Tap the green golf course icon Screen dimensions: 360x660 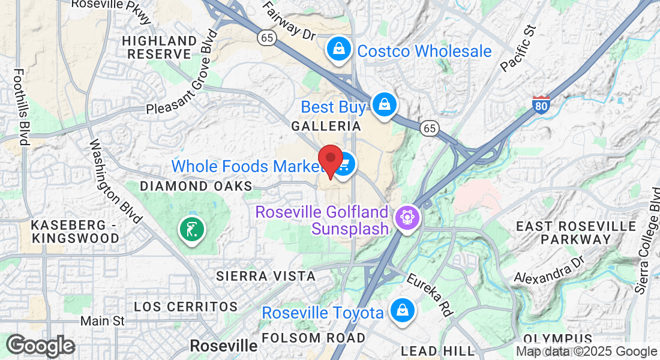tap(191, 229)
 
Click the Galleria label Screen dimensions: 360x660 tap(326, 127)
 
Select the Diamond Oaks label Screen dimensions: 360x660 tap(196, 186)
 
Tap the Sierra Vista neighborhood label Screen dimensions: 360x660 tap(266, 276)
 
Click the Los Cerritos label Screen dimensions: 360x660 tap(186, 307)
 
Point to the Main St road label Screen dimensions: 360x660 tap(103, 322)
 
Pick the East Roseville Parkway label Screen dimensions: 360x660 tap(576, 233)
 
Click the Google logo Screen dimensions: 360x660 tap(41, 346)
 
